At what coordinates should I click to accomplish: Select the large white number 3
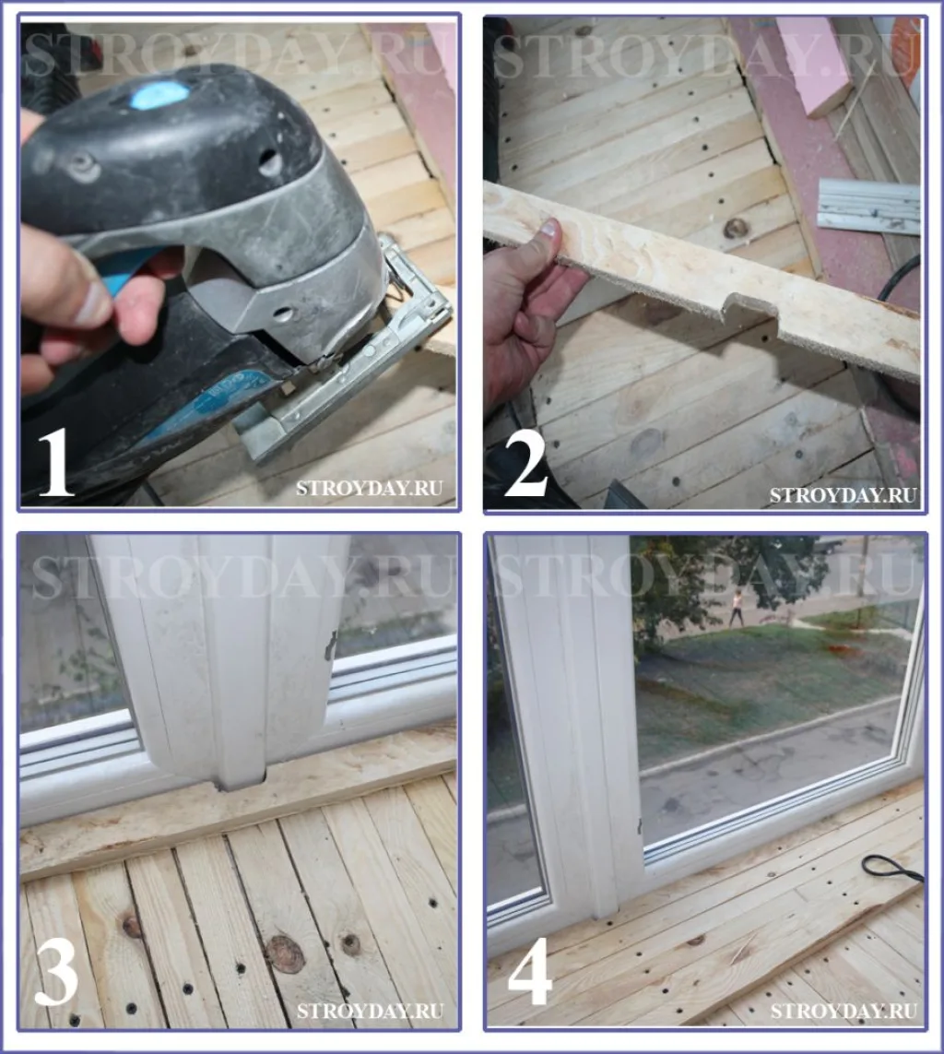55,976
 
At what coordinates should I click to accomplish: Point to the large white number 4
530,976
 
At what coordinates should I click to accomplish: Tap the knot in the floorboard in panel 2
736,229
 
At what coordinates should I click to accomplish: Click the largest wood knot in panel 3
287,954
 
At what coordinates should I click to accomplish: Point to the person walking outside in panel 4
737,608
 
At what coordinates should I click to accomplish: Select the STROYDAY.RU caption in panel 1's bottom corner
369,488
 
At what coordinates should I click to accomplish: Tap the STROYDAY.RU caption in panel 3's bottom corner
370,1011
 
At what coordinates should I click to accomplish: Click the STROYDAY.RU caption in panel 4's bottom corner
844,1011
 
